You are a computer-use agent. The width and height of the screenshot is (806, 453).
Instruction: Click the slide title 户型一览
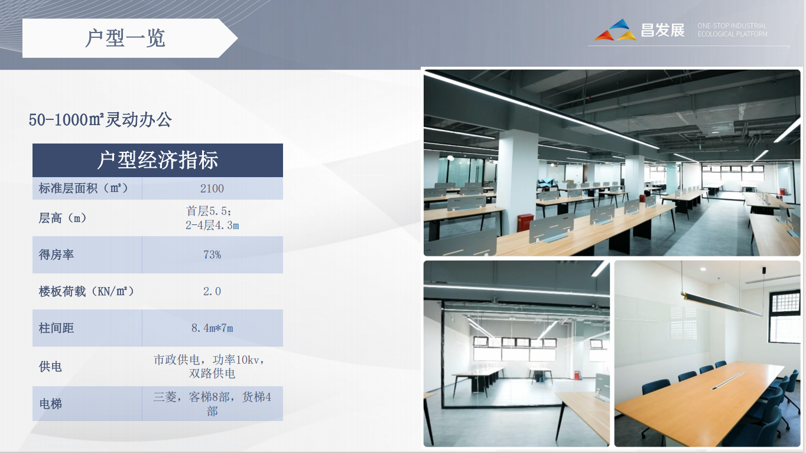pyautogui.click(x=125, y=38)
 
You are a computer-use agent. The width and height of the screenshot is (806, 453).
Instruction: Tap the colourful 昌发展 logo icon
pyautogui.click(x=615, y=31)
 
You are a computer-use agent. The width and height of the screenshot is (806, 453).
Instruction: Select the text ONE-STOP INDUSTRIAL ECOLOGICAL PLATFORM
pyautogui.click(x=732, y=30)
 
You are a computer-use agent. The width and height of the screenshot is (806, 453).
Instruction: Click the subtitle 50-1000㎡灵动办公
pyautogui.click(x=100, y=120)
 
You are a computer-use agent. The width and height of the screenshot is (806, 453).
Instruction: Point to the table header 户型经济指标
pyautogui.click(x=158, y=160)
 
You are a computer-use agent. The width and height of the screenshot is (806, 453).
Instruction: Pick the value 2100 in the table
pyautogui.click(x=212, y=188)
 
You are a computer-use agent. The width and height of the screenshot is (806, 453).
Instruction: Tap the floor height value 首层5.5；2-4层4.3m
pyautogui.click(x=212, y=218)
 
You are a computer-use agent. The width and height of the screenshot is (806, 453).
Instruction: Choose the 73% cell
pyautogui.click(x=212, y=255)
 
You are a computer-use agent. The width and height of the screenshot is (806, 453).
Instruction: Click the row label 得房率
pyautogui.click(x=56, y=255)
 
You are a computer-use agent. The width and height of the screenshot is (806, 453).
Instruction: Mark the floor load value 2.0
pyautogui.click(x=212, y=291)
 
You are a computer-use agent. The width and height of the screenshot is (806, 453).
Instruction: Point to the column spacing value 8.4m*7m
pyautogui.click(x=212, y=328)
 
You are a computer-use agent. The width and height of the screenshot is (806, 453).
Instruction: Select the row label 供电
pyautogui.click(x=50, y=367)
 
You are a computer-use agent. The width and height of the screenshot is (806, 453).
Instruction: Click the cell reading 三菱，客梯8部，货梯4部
pyautogui.click(x=212, y=404)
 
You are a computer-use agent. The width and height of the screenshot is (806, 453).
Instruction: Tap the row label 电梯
pyautogui.click(x=50, y=404)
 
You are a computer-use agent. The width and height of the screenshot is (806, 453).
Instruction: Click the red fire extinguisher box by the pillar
pyautogui.click(x=524, y=222)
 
